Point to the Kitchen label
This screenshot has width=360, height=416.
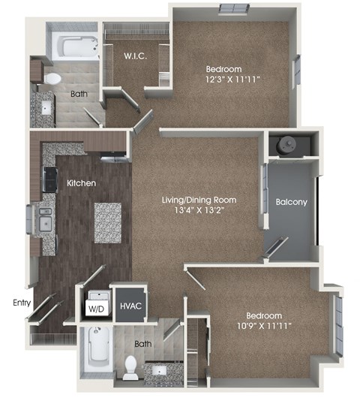(x=80, y=182)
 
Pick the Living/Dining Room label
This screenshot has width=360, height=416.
(x=199, y=200)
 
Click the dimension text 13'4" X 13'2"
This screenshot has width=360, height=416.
(x=199, y=212)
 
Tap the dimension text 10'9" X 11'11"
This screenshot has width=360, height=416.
(x=262, y=326)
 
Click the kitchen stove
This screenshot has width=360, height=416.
(x=50, y=179)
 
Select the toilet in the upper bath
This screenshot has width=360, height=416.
(x=53, y=77)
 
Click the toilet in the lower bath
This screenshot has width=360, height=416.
(x=130, y=366)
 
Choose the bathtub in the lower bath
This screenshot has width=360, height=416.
(x=95, y=351)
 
